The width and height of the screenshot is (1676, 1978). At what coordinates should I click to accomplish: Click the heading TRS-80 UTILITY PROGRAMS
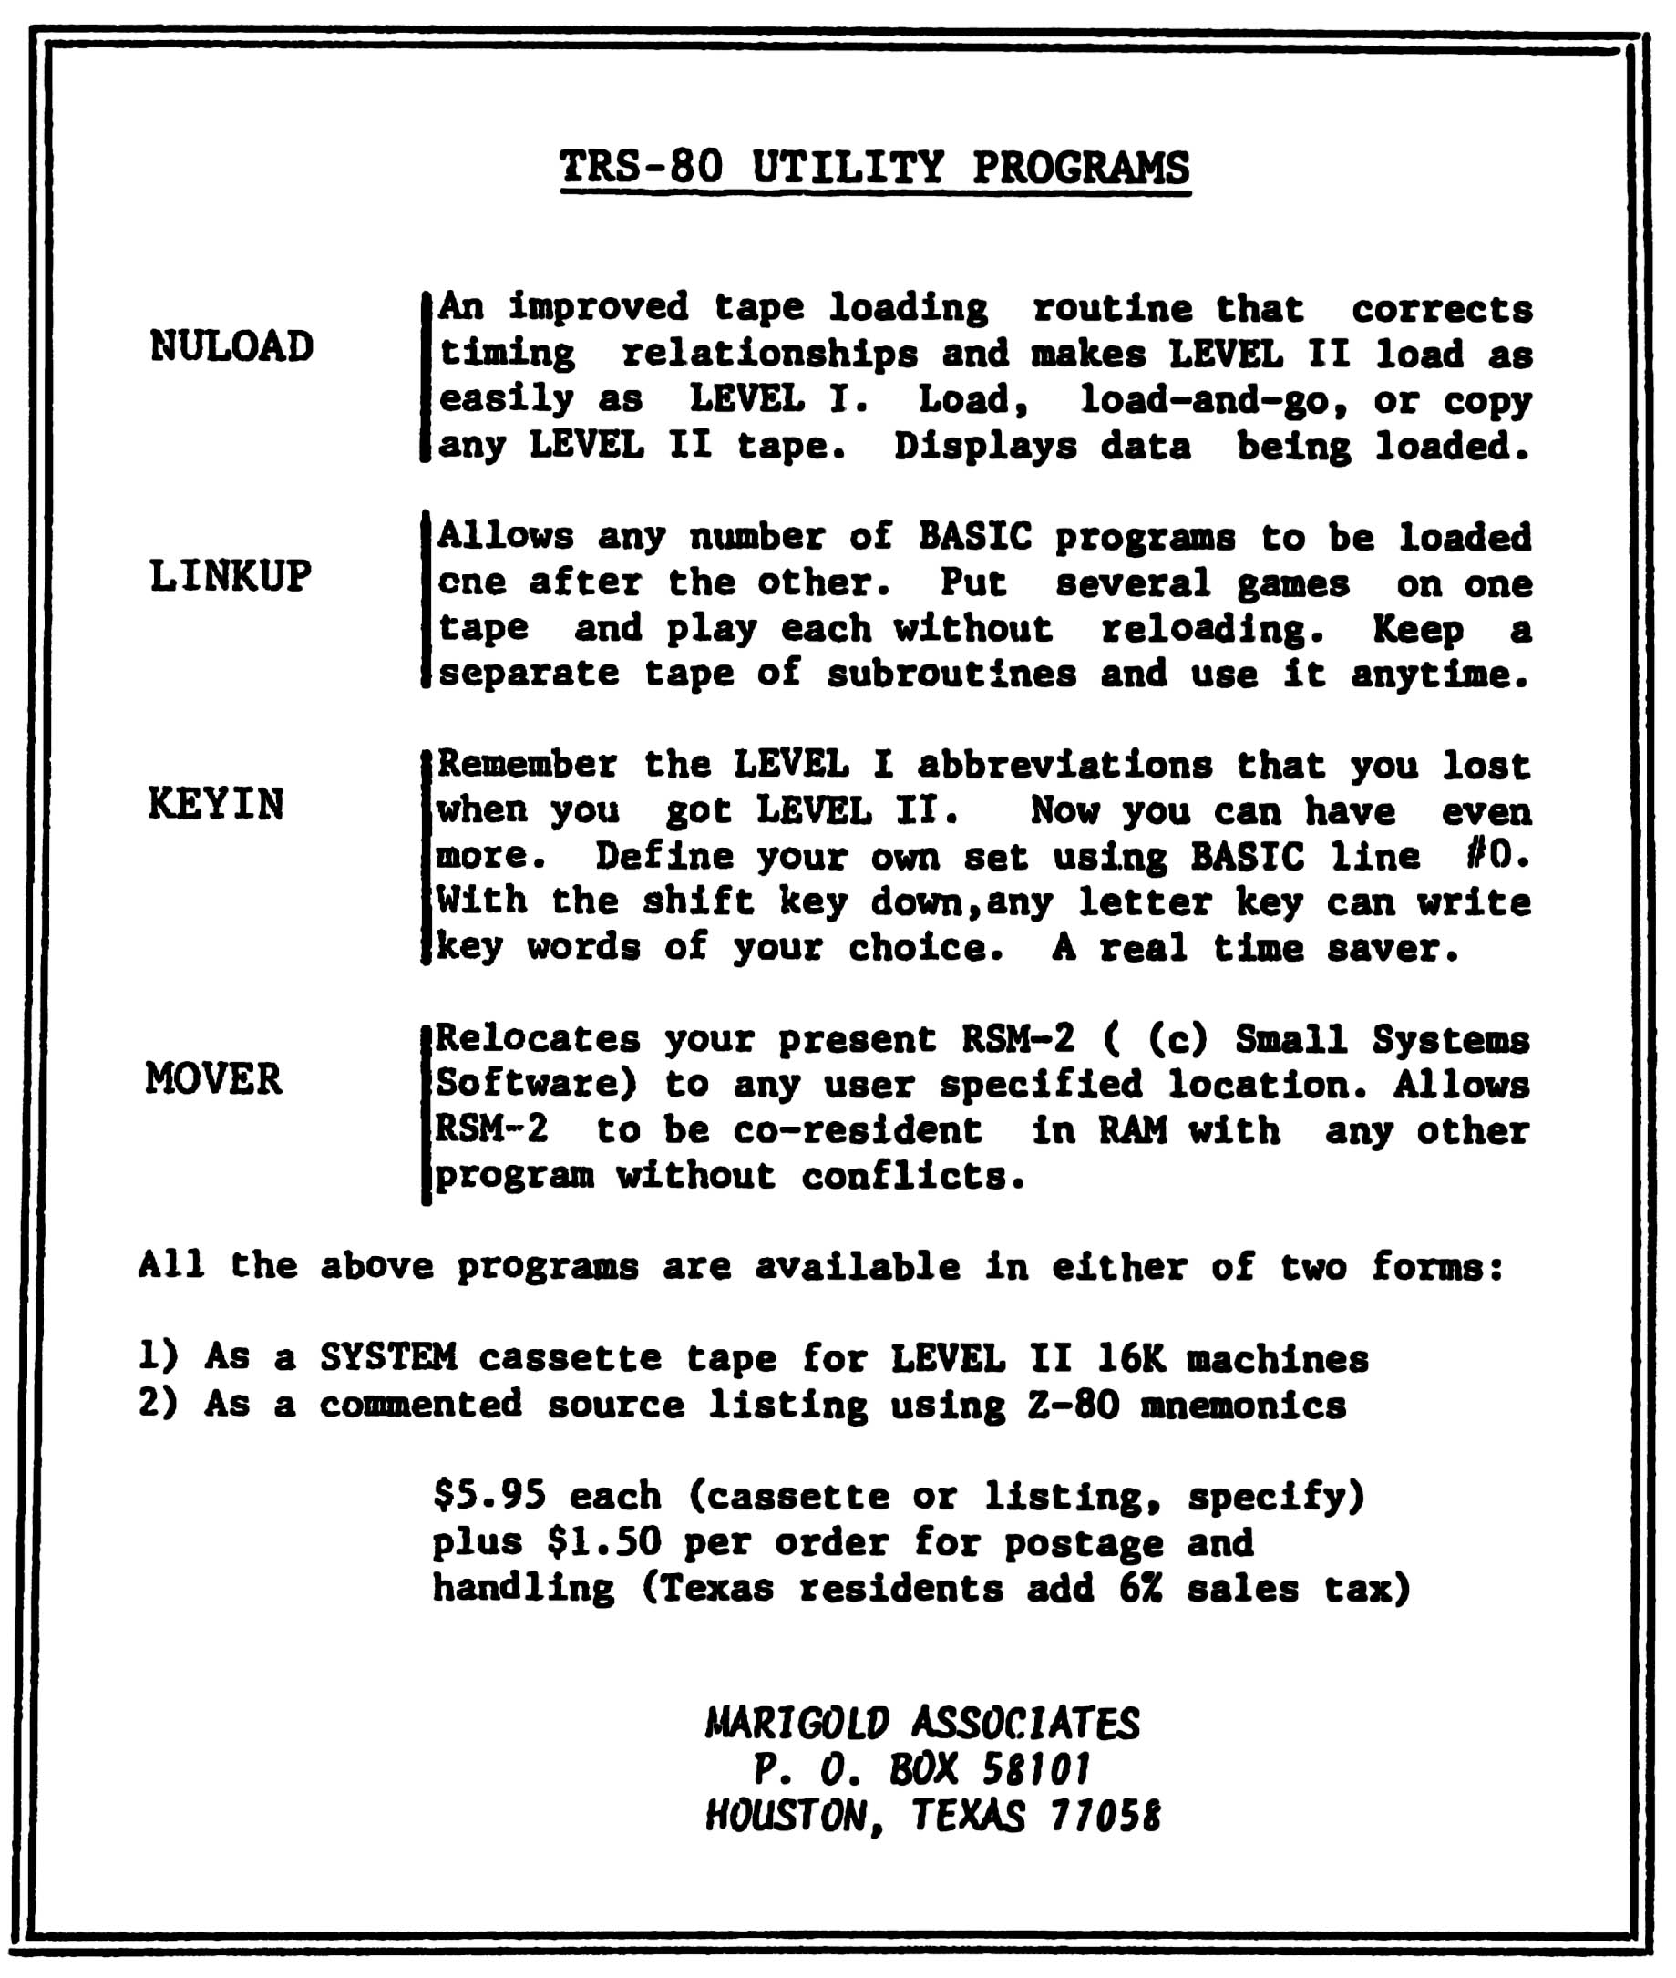(874, 168)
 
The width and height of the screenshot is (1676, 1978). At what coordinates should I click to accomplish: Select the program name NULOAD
(231, 346)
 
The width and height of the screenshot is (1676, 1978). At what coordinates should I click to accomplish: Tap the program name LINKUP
(230, 576)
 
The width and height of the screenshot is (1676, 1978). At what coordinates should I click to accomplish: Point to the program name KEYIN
(216, 805)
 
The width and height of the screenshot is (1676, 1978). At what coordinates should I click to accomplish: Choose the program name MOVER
(214, 1079)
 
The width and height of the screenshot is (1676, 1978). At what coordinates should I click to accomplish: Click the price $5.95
(489, 1496)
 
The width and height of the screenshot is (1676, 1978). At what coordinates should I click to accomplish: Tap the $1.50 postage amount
(603, 1541)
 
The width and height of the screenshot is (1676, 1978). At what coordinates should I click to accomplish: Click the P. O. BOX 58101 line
(921, 1769)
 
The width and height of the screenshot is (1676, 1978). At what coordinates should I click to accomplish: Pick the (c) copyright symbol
(1178, 1038)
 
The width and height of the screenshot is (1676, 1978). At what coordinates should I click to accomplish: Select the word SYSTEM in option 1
(387, 1357)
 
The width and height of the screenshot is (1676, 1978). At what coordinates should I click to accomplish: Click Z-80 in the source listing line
(1073, 1404)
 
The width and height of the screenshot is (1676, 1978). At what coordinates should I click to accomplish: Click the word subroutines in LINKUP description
(951, 674)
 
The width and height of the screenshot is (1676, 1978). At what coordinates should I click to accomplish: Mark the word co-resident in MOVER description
(857, 1129)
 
